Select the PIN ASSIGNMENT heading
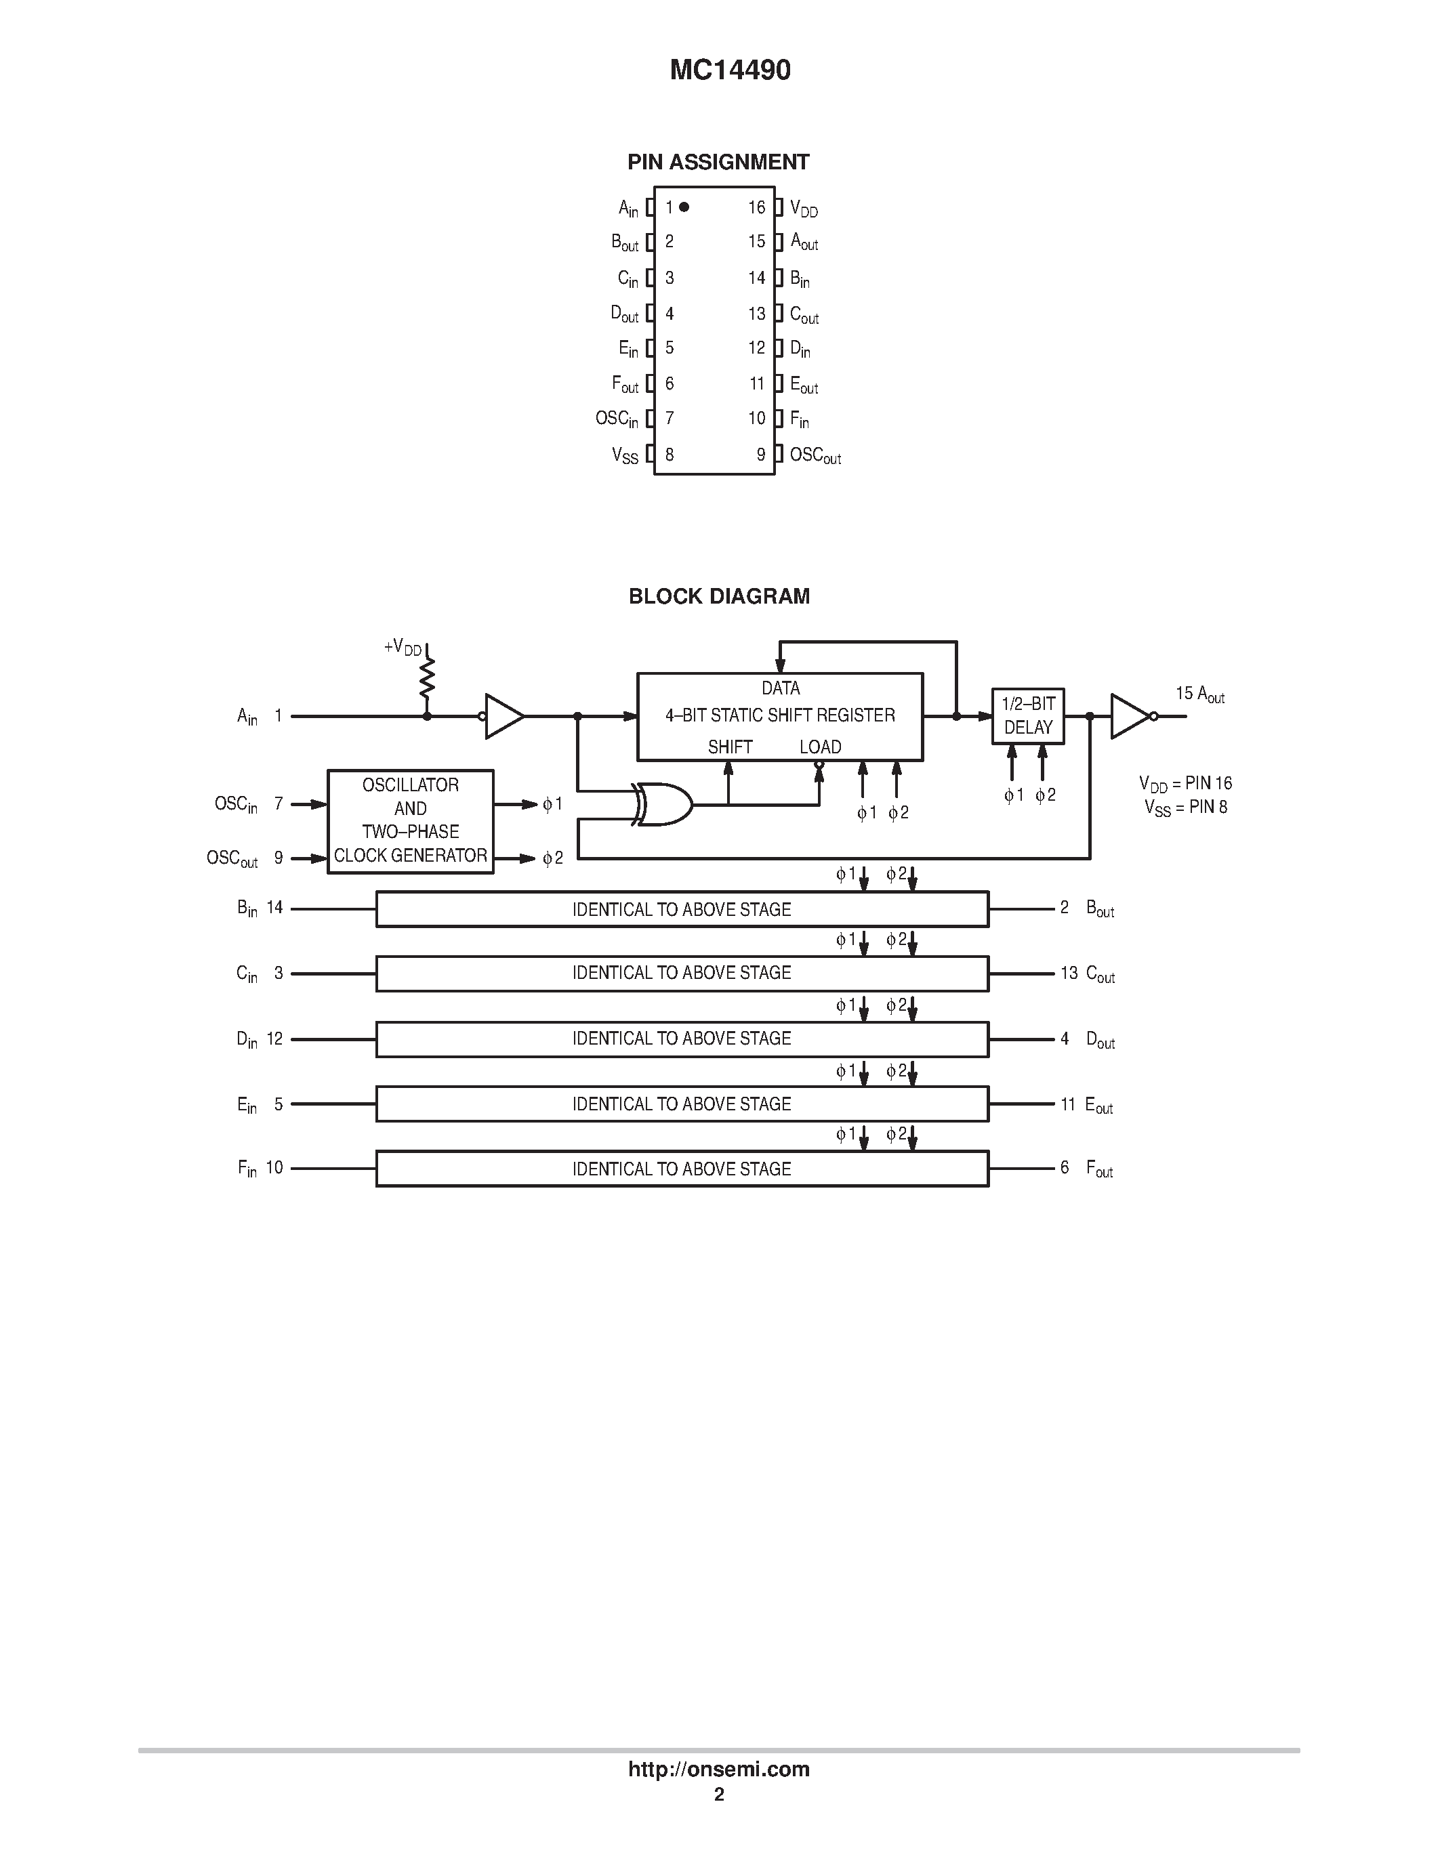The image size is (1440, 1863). (718, 162)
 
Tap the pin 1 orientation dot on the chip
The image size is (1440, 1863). (684, 207)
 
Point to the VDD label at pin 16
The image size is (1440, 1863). (804, 208)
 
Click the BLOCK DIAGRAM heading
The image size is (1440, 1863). (718, 596)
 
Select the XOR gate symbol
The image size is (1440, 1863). (663, 803)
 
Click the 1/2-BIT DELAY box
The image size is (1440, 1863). (1028, 715)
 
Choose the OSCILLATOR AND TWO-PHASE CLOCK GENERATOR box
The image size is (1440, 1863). (411, 820)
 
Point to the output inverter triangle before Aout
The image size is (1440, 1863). (1130, 715)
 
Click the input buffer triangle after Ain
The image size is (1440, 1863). (504, 715)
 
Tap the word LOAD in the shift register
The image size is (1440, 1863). (820, 747)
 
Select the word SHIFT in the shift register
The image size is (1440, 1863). (729, 747)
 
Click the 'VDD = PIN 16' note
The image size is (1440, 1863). (1185, 783)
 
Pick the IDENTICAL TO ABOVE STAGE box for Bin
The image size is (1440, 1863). (682, 909)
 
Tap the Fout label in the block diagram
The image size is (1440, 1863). (1100, 1169)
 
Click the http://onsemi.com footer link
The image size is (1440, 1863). (718, 1769)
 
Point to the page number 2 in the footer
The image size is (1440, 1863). (719, 1795)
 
